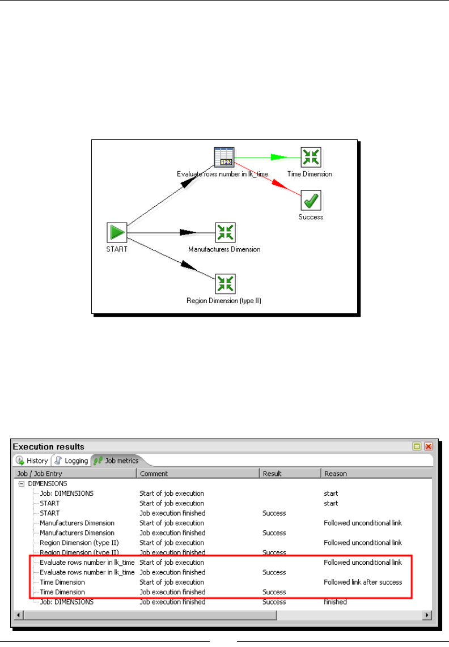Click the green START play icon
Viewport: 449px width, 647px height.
(x=117, y=232)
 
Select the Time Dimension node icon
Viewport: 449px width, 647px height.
(x=311, y=157)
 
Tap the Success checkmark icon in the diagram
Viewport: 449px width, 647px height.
(x=311, y=200)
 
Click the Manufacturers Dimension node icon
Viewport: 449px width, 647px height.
(x=225, y=232)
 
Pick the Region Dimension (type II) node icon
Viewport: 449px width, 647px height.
(x=225, y=284)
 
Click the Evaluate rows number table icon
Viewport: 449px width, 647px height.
(x=224, y=157)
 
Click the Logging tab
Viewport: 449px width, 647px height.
(x=71, y=461)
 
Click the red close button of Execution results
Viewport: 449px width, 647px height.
(x=429, y=446)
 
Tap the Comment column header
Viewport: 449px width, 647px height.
(x=154, y=474)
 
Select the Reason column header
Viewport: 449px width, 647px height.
(x=336, y=474)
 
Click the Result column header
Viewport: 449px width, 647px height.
(x=272, y=474)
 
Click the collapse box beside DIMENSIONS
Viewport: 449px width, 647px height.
(x=22, y=483)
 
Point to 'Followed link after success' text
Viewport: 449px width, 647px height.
(x=363, y=582)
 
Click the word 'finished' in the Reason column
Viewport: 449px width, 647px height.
(x=334, y=602)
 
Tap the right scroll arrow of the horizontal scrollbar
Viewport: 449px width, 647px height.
(x=428, y=615)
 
